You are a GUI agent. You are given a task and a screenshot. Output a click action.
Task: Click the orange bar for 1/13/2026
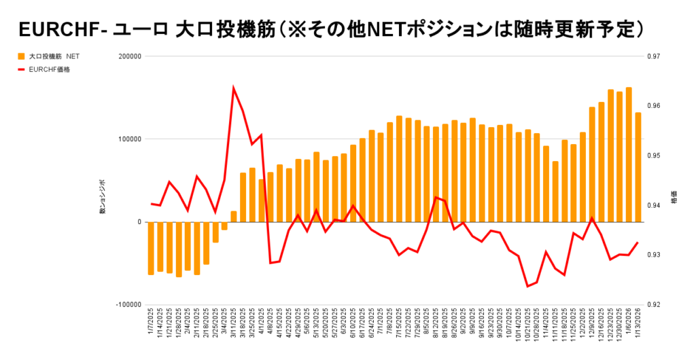click(638, 167)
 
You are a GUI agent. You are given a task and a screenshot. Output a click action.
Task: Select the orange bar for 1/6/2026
click(629, 155)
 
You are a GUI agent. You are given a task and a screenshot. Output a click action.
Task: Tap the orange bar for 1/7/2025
click(151, 248)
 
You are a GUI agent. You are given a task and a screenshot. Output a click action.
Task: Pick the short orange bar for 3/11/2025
click(234, 217)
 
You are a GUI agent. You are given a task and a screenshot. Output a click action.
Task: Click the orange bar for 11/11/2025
click(555, 192)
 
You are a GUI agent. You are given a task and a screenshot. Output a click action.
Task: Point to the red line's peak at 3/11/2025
click(234, 88)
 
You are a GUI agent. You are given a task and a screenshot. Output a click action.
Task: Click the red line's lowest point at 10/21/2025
click(528, 286)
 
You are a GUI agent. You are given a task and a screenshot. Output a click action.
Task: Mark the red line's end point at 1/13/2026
click(638, 242)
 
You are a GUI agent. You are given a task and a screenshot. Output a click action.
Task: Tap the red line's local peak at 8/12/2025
click(436, 197)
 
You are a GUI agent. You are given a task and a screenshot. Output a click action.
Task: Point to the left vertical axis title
click(103, 202)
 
